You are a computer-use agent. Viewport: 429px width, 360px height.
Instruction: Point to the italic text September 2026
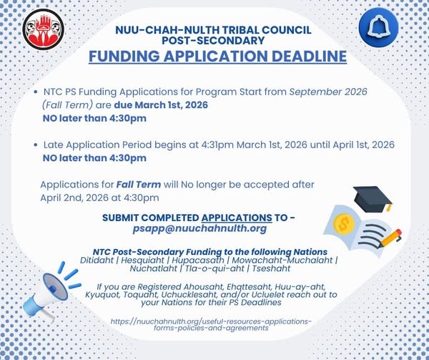327,92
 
